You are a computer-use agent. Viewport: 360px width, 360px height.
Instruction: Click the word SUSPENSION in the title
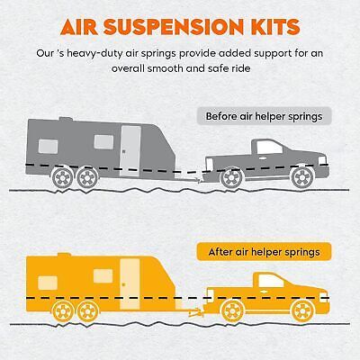(x=174, y=27)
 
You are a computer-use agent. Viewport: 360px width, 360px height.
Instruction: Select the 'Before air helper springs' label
(x=264, y=116)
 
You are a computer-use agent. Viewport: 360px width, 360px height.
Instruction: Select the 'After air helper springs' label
(x=264, y=252)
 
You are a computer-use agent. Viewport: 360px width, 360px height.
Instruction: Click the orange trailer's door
(x=130, y=284)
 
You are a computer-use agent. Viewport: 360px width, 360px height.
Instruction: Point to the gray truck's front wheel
(x=301, y=177)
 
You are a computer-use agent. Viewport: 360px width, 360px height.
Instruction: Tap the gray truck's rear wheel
(x=231, y=178)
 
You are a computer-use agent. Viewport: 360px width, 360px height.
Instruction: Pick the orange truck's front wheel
(x=302, y=310)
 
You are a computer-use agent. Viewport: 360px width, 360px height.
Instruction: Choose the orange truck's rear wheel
(x=232, y=311)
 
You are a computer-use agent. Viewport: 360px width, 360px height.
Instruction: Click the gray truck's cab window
(x=269, y=148)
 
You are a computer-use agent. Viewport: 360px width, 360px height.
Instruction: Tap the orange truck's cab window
(x=270, y=281)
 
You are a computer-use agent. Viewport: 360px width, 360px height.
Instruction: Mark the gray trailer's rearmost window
(x=48, y=147)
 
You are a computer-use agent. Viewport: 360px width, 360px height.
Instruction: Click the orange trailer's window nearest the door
(x=103, y=276)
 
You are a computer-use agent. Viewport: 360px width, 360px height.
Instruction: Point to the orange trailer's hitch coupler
(x=195, y=313)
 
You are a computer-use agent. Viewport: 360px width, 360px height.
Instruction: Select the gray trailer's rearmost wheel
(x=62, y=177)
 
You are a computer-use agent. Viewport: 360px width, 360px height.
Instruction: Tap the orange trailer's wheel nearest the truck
(x=88, y=311)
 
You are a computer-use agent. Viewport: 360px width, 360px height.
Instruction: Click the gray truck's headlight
(x=322, y=160)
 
